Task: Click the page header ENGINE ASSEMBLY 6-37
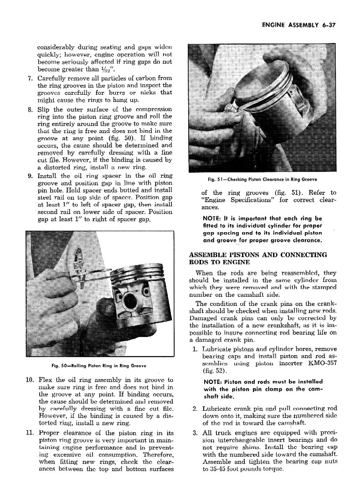click(298, 25)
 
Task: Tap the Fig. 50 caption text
click(99, 366)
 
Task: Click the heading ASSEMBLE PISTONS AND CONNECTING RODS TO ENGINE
click(258, 258)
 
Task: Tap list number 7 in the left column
click(30, 78)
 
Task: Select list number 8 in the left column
click(30, 109)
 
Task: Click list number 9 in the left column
click(30, 175)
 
